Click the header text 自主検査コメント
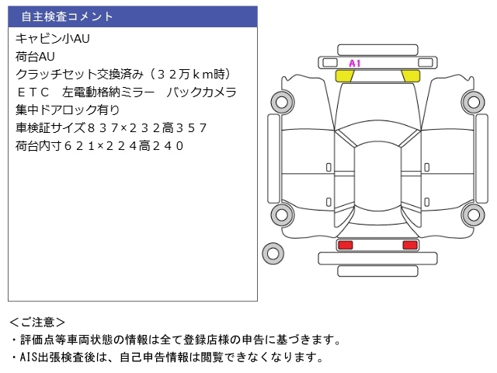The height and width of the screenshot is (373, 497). click(x=67, y=16)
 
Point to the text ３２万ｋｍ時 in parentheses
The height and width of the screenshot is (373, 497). click(x=186, y=74)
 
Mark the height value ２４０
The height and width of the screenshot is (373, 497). click(x=167, y=145)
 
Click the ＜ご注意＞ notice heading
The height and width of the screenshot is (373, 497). click(x=36, y=321)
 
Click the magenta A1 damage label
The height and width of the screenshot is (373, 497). click(x=355, y=63)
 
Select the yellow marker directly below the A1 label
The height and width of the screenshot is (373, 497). click(x=344, y=75)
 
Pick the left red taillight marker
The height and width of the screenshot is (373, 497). click(x=344, y=245)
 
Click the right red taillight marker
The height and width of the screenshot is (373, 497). click(x=409, y=245)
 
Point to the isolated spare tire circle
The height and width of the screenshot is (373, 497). click(x=273, y=253)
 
